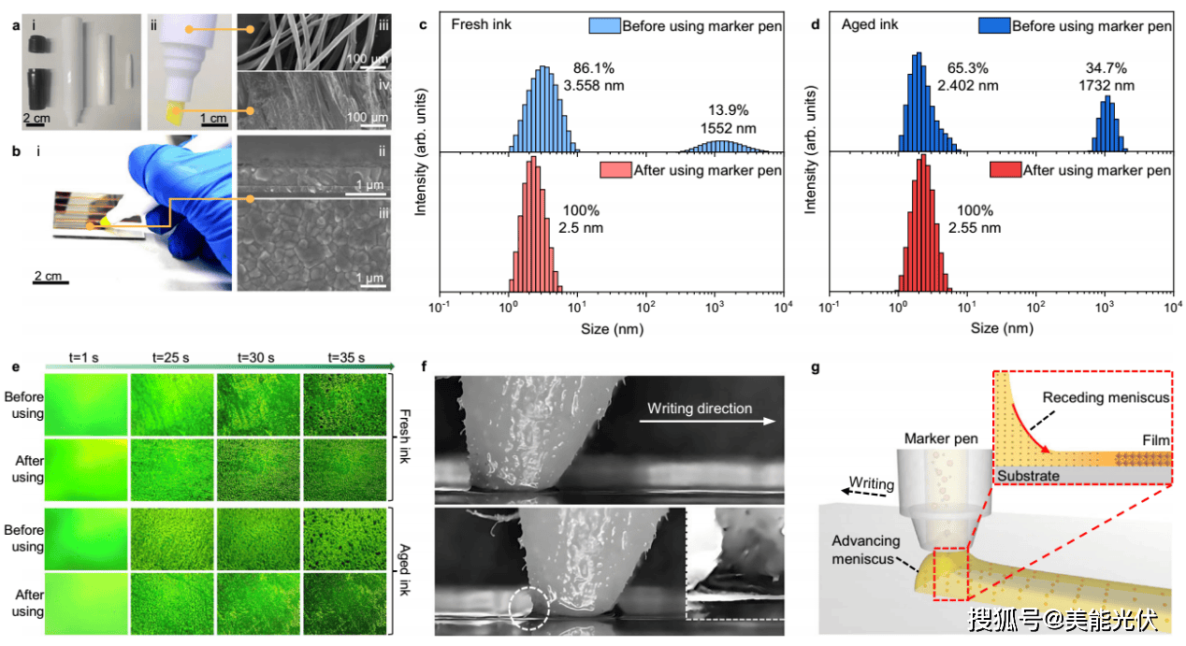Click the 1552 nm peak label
point(731,129)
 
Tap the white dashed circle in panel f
point(529,609)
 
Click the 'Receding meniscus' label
point(1106,397)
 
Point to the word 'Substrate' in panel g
point(1028,476)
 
